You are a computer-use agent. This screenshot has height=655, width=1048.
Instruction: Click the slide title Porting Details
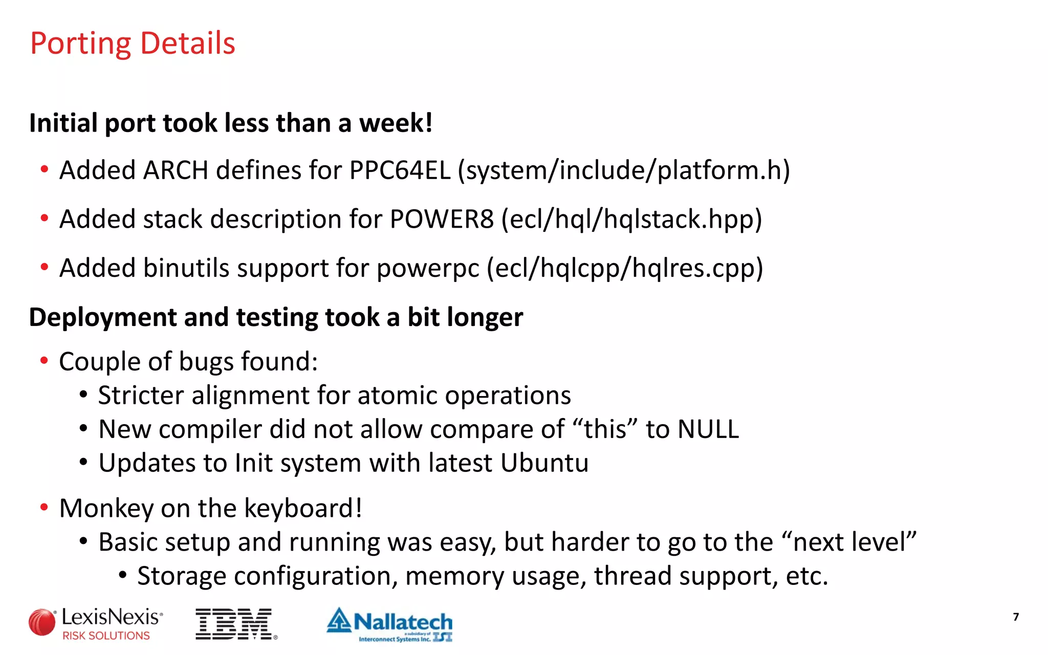(133, 43)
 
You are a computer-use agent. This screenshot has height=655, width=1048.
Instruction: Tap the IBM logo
(236, 624)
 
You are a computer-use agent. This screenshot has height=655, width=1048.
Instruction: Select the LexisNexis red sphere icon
(42, 623)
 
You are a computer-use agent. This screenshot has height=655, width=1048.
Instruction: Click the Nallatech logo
(390, 624)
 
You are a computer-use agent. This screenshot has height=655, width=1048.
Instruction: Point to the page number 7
(1016, 617)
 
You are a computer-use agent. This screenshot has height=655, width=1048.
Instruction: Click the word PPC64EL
(400, 170)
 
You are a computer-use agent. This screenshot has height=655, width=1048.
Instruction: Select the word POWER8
(442, 220)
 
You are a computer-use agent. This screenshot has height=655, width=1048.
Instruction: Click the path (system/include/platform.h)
(624, 170)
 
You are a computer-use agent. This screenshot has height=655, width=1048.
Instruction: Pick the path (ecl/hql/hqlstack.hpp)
(631, 220)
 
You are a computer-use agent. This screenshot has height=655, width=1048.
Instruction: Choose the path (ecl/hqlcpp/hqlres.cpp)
(625, 269)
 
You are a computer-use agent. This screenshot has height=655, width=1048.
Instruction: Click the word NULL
(708, 429)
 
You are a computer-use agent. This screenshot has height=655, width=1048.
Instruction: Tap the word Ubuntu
(544, 463)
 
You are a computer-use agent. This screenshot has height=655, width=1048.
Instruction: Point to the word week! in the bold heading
(396, 123)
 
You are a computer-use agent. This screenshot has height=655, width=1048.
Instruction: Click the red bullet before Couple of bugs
(45, 361)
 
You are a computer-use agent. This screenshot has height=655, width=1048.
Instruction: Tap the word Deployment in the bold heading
(102, 318)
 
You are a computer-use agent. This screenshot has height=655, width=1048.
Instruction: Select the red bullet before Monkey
(45, 508)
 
